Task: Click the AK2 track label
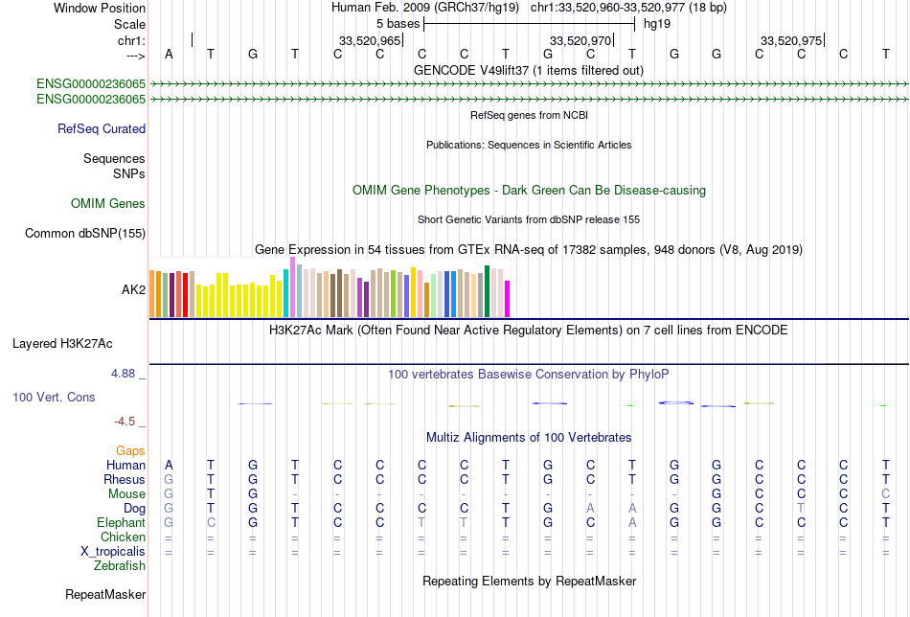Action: [133, 288]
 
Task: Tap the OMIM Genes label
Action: [108, 204]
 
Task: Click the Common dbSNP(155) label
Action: [85, 233]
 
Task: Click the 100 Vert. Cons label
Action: [54, 397]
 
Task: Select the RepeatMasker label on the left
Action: [105, 595]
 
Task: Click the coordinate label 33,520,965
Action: [370, 41]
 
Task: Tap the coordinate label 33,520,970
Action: [580, 41]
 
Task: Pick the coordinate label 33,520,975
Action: [791, 41]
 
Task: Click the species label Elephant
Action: [121, 523]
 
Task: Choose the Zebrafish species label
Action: [120, 566]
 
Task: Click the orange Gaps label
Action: [130, 450]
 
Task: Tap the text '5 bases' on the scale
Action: [398, 23]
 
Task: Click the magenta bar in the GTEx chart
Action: [508, 299]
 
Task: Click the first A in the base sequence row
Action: [170, 54]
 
